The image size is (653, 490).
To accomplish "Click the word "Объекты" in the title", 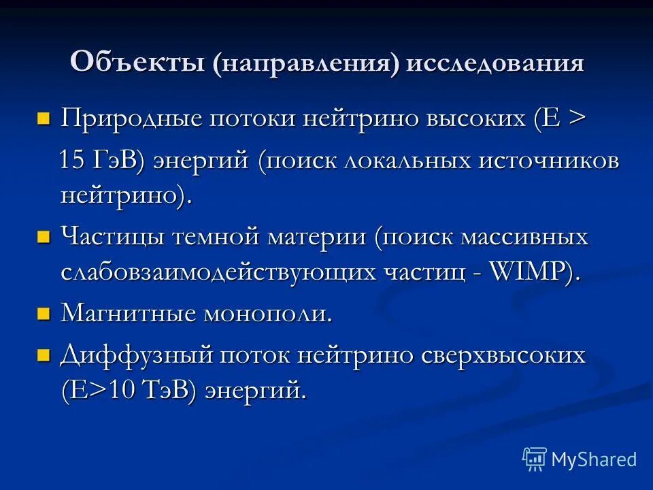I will point(138,63).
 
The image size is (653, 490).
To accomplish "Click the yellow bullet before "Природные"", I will point(44,120).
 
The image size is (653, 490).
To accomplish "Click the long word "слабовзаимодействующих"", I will point(218,272).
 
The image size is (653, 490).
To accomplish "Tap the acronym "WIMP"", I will point(529,272).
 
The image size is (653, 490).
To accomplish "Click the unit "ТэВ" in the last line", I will point(172,390).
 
